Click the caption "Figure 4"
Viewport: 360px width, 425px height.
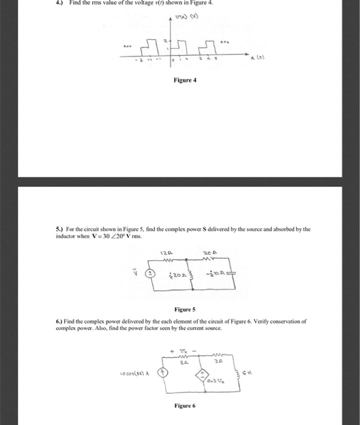pos(184,80)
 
